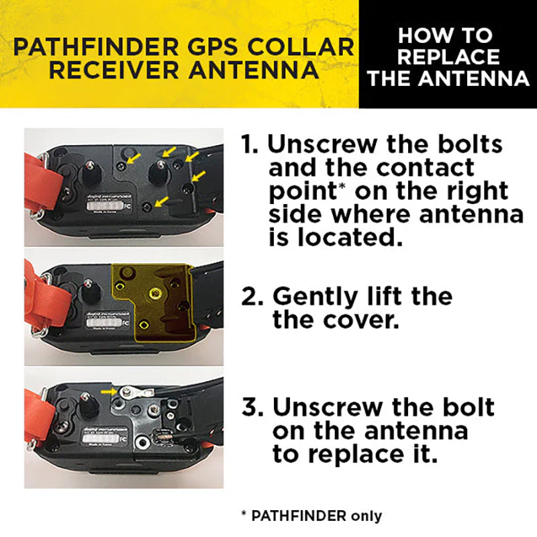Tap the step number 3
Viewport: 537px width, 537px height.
253,407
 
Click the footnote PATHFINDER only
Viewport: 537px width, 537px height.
312,516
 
